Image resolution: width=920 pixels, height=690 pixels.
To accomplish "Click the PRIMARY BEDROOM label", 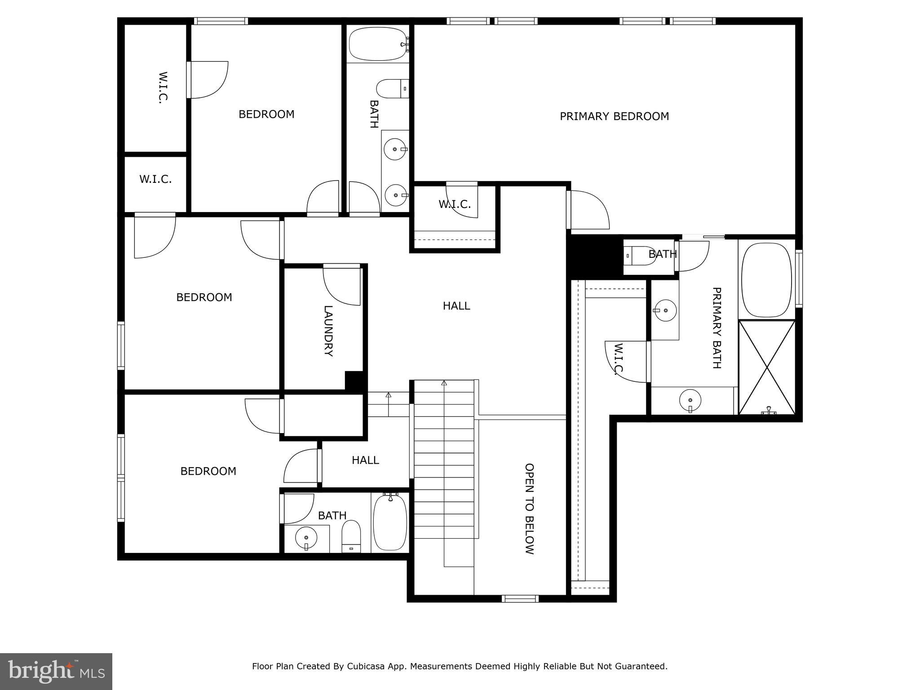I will (614, 116).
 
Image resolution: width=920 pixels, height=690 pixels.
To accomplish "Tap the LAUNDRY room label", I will (328, 331).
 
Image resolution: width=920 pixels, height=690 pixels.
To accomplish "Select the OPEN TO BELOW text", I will (530, 509).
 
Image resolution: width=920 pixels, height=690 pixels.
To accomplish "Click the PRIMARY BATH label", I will (717, 328).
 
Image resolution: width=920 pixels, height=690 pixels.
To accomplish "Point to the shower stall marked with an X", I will (767, 367).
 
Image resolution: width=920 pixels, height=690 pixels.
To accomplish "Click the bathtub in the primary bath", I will (766, 280).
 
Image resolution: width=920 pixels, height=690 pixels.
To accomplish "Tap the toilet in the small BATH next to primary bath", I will (641, 256).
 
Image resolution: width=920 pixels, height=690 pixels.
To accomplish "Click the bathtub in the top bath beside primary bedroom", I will (377, 44).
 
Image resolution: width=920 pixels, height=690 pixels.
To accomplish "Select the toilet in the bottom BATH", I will (351, 536).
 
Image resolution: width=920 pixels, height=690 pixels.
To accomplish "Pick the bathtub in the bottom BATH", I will (390, 522).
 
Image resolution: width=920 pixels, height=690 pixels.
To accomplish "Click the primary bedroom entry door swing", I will (588, 209).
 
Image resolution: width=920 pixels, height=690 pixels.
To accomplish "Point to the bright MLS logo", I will (56, 671).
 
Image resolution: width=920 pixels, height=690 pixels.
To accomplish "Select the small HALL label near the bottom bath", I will (365, 460).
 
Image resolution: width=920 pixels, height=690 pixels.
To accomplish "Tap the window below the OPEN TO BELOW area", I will (520, 598).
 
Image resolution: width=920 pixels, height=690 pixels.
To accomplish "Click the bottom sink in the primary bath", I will (690, 399).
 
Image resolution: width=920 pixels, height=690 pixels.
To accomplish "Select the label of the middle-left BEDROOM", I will (204, 297).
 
